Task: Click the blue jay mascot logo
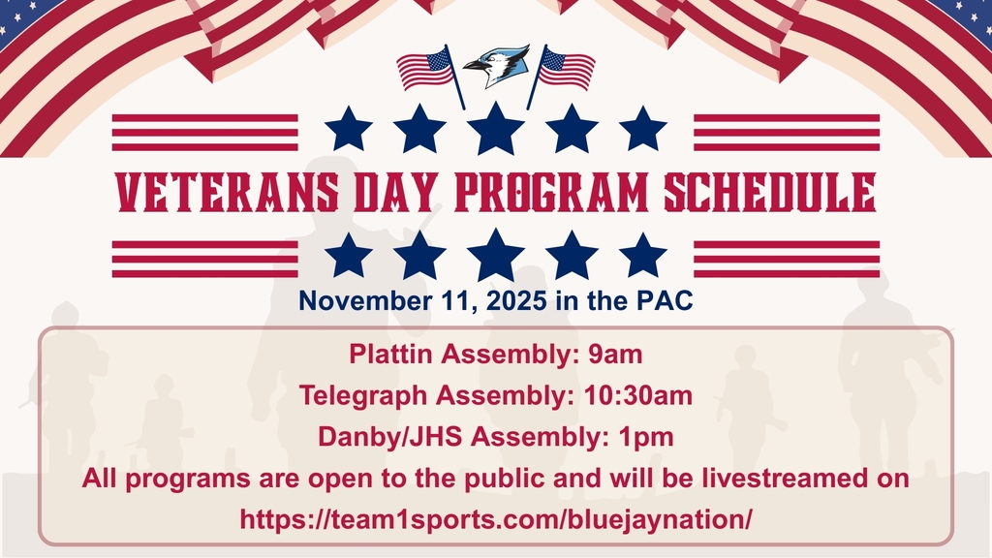(x=496, y=67)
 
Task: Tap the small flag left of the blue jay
(x=427, y=70)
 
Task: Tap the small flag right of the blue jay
(x=566, y=70)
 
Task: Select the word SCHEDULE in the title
(x=769, y=193)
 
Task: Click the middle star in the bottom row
(x=496, y=256)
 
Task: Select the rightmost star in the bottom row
(x=642, y=256)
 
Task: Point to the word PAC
(x=665, y=301)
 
